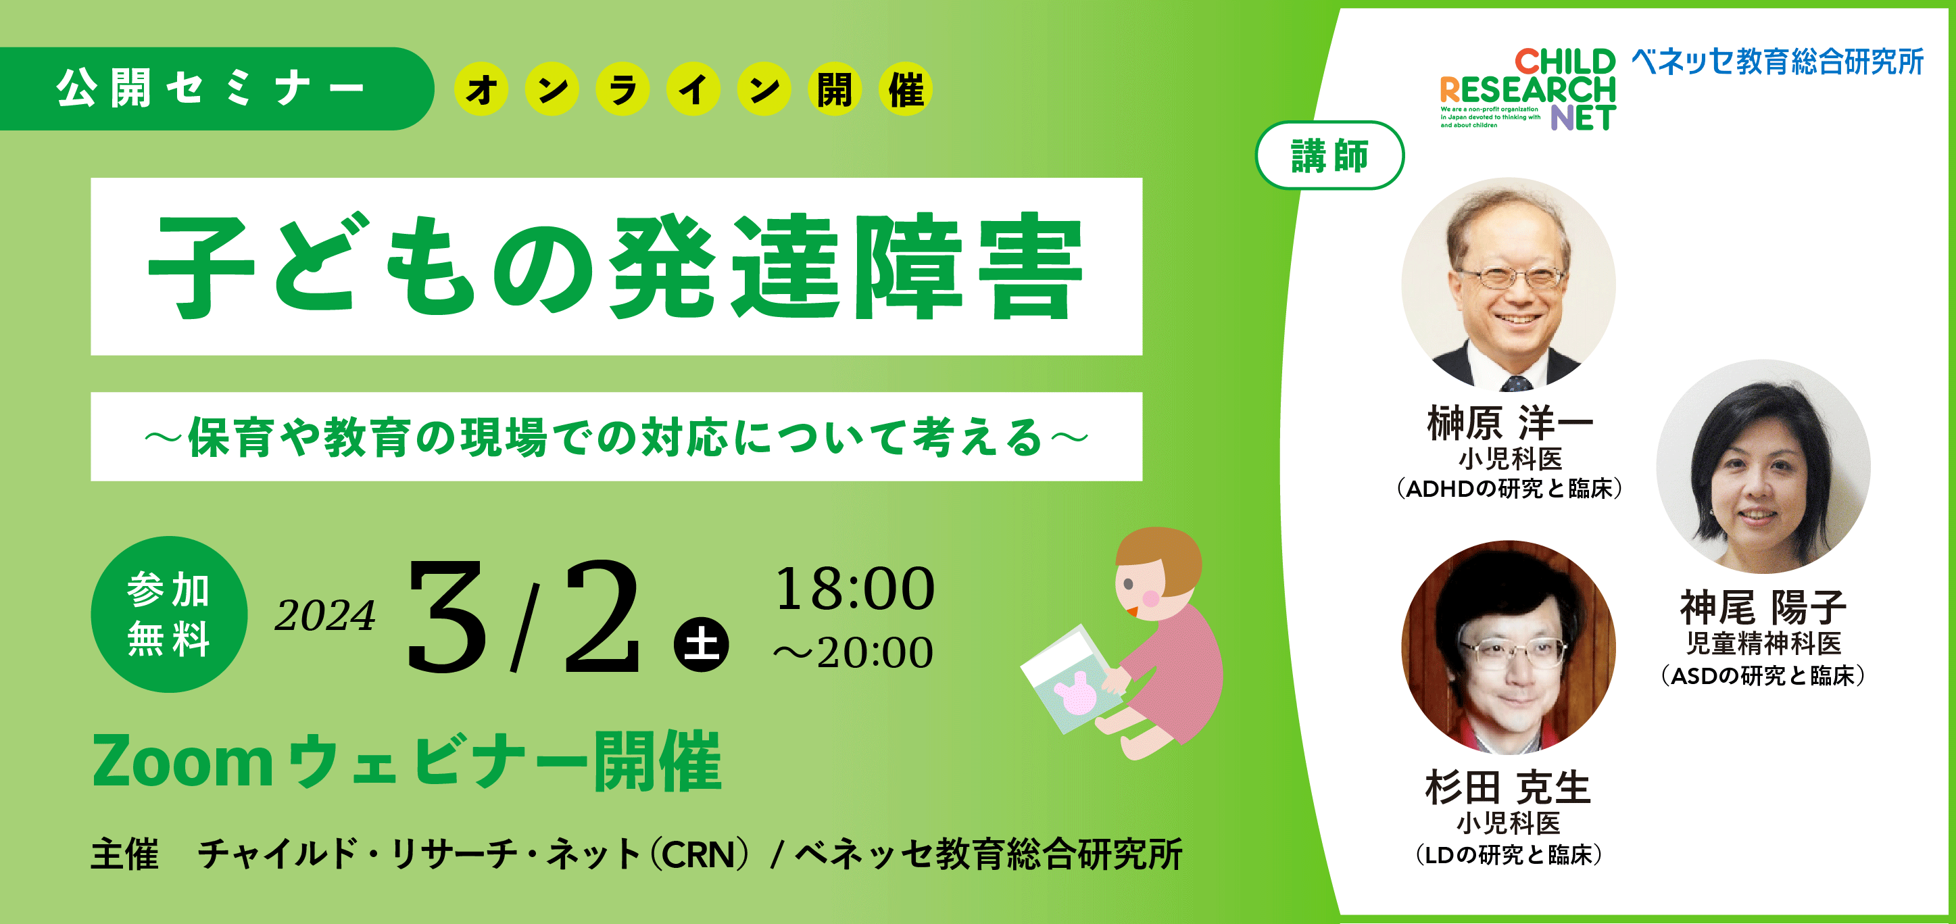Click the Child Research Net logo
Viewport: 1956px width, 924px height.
click(x=1527, y=89)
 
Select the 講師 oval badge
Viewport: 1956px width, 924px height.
click(x=1330, y=155)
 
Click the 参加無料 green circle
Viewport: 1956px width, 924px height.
click(x=168, y=614)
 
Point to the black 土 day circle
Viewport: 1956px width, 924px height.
click(x=701, y=645)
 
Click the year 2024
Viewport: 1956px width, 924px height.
click(x=325, y=615)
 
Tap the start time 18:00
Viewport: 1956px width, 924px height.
click(x=854, y=589)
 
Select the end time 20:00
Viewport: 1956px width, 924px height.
click(x=875, y=652)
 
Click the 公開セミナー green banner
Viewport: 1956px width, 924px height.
click(x=216, y=89)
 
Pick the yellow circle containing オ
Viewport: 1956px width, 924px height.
click(x=481, y=89)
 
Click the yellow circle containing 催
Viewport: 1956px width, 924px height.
click(x=906, y=89)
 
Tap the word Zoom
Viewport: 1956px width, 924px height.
click(x=182, y=762)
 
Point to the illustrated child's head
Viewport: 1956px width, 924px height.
click(x=1156, y=573)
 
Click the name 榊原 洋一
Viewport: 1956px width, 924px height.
click(x=1509, y=423)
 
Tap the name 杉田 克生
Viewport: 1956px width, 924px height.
click(x=1508, y=787)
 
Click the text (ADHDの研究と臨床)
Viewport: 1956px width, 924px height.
click(x=1509, y=488)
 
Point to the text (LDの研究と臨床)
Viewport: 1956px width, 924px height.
click(x=1509, y=855)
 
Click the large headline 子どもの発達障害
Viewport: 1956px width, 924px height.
click(x=616, y=266)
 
